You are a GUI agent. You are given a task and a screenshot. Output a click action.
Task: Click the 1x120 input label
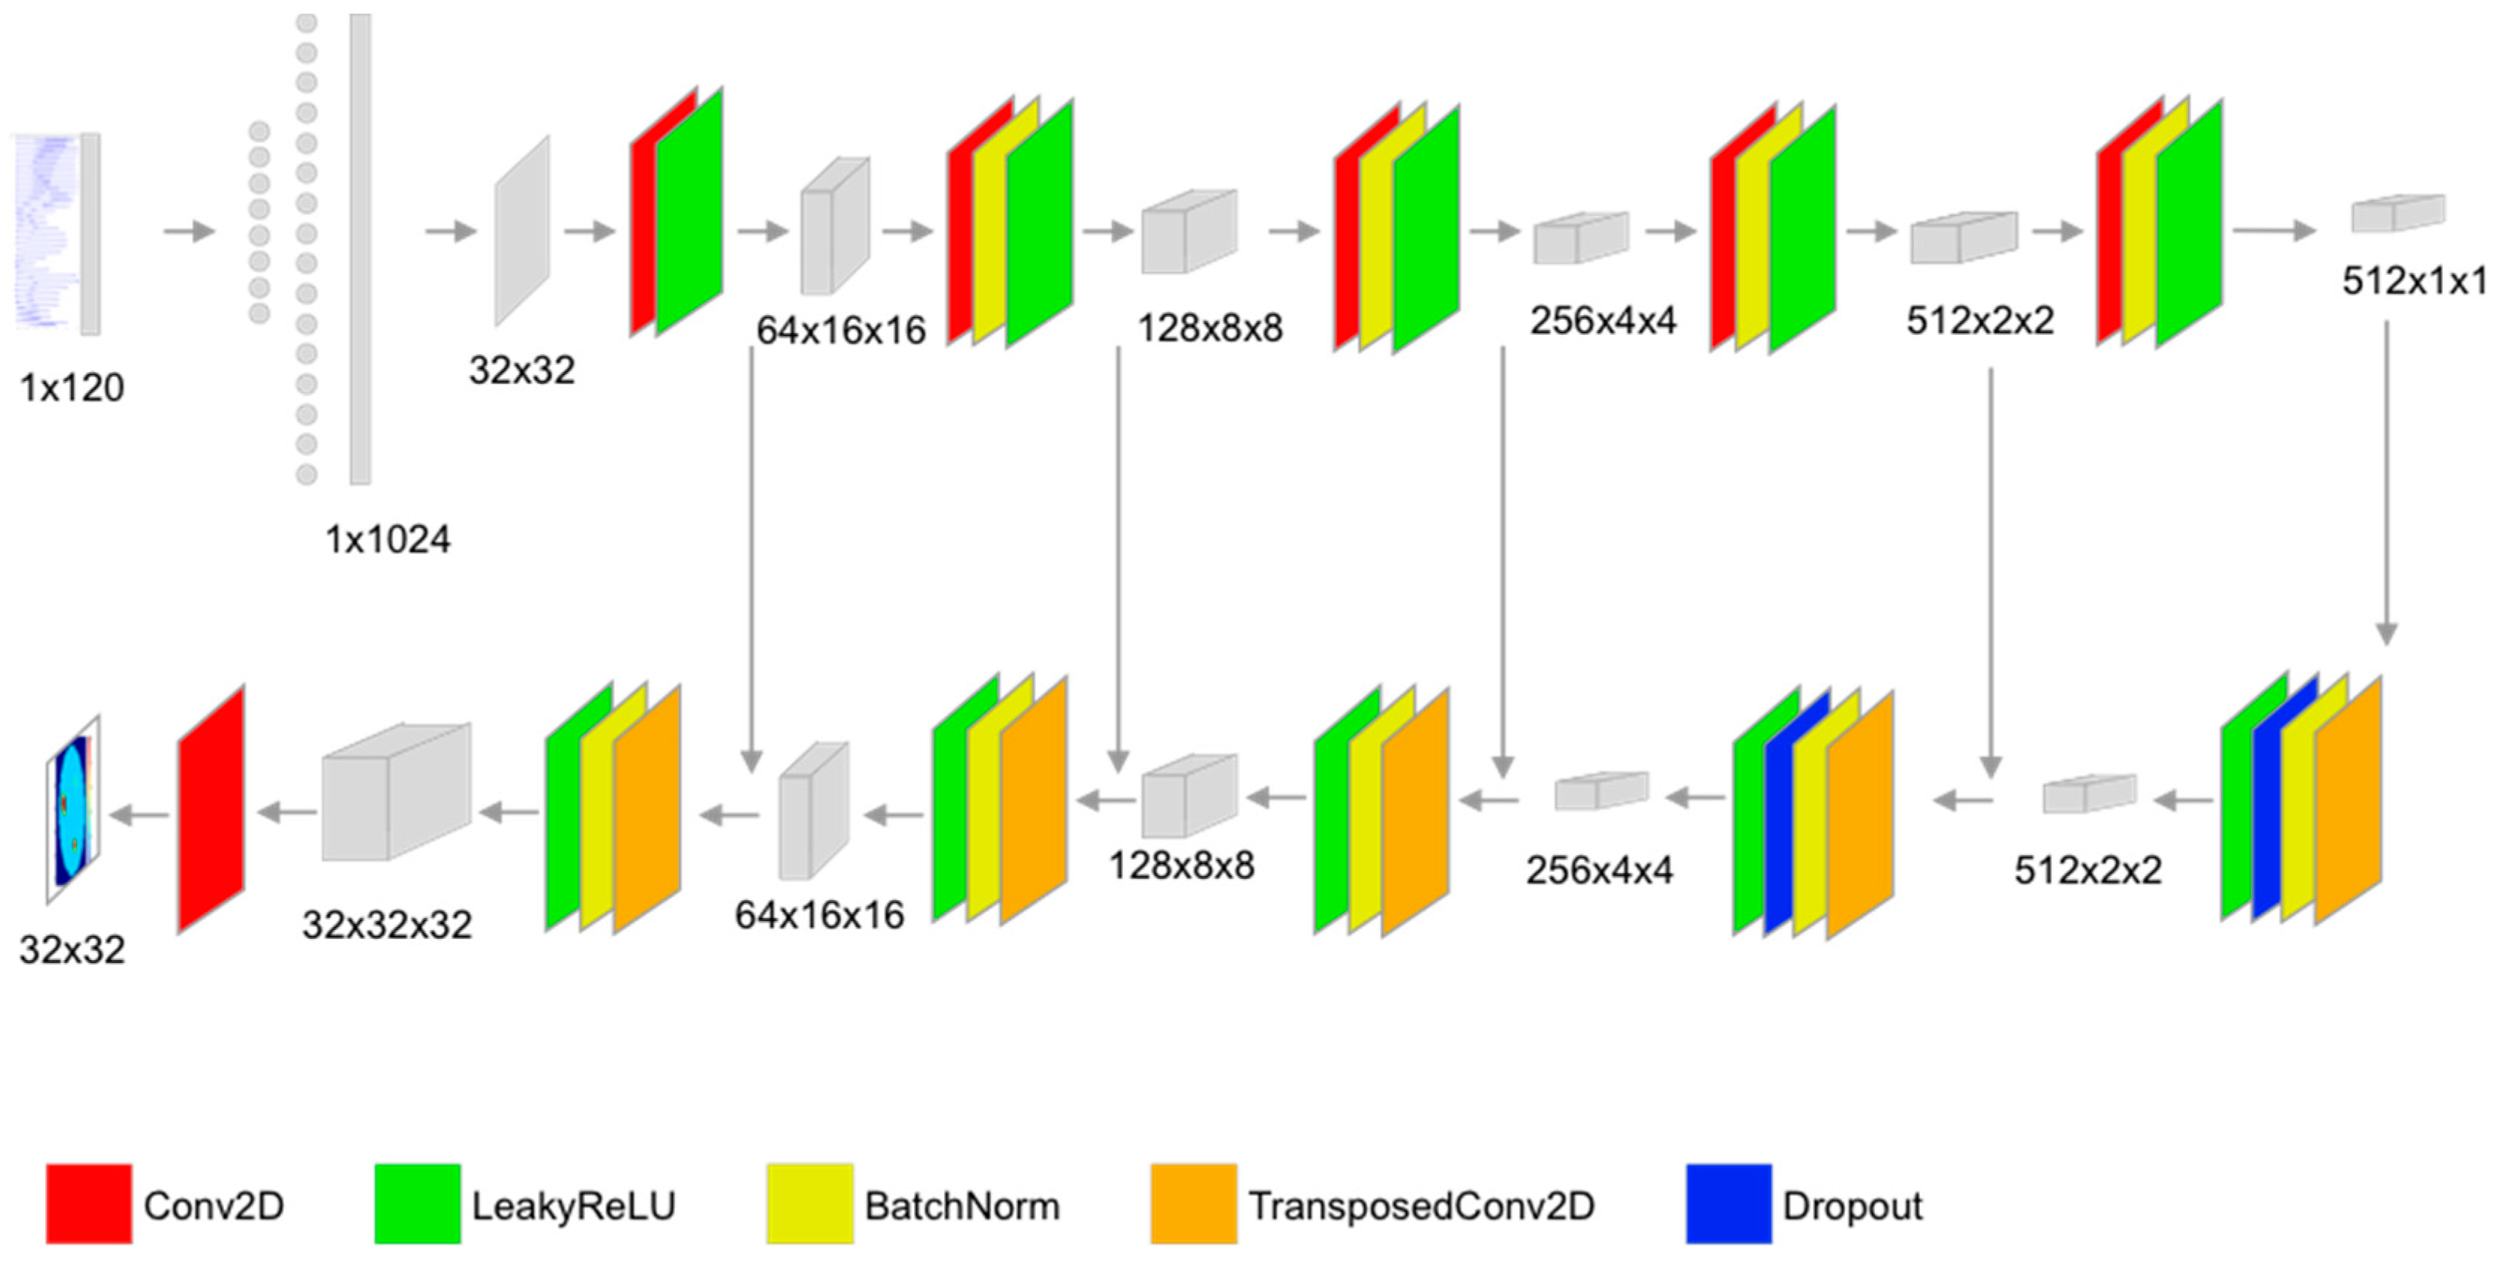[x=72, y=388]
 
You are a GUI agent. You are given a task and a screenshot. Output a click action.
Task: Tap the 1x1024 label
[x=387, y=538]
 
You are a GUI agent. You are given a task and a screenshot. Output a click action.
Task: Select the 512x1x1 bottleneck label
[x=2414, y=281]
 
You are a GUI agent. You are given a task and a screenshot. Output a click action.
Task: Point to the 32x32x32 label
[x=387, y=924]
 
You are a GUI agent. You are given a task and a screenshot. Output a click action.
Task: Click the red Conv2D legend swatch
[x=88, y=1204]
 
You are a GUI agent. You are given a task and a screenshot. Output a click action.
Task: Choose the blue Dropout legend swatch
[x=1728, y=1204]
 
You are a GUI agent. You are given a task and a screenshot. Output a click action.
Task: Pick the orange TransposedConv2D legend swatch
[x=1193, y=1204]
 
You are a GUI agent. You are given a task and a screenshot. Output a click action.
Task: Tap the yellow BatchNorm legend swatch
[x=809, y=1204]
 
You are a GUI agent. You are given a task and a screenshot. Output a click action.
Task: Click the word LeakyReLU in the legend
[x=573, y=1206]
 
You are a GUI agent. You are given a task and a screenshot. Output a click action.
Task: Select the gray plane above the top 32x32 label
[x=522, y=231]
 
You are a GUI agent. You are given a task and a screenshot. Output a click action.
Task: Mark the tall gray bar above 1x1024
[x=360, y=248]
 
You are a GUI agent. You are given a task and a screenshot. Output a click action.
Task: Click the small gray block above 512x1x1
[x=2398, y=213]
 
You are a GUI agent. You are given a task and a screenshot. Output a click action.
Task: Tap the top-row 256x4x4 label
[x=1602, y=320]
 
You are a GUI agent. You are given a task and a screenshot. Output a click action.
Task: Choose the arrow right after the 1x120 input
[x=189, y=231]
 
